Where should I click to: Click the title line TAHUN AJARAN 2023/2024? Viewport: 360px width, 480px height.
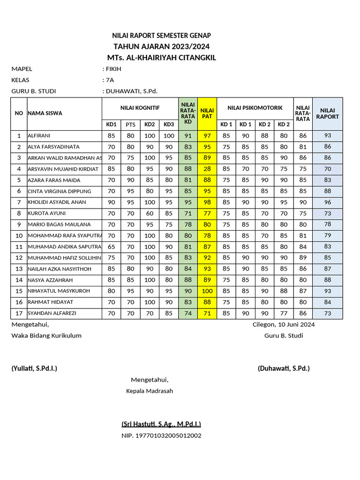(x=161, y=46)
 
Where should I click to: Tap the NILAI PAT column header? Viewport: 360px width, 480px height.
(x=207, y=113)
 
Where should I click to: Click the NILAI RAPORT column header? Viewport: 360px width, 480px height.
(x=327, y=113)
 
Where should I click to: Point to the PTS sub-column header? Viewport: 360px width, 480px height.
(x=130, y=125)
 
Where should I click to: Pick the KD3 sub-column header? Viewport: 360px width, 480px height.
(x=169, y=125)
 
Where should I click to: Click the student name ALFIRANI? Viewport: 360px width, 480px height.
(x=40, y=136)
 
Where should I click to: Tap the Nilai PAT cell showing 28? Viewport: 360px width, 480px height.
(x=207, y=169)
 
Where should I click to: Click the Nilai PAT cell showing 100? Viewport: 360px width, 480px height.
(x=207, y=291)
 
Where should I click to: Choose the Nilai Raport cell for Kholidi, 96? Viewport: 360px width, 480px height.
(x=327, y=202)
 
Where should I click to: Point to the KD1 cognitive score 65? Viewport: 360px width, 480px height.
(x=111, y=247)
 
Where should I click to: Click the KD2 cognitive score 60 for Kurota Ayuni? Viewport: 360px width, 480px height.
(x=150, y=213)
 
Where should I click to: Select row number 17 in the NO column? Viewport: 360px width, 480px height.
(x=19, y=313)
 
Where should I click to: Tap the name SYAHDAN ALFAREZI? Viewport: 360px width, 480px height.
(x=52, y=313)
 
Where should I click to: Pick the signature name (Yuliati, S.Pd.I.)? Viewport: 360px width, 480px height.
(x=34, y=368)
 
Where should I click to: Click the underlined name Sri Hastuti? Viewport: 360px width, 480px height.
(x=161, y=424)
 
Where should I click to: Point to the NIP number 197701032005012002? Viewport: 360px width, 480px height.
(x=161, y=436)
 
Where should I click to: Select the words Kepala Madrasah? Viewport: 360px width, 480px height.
(x=150, y=391)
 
